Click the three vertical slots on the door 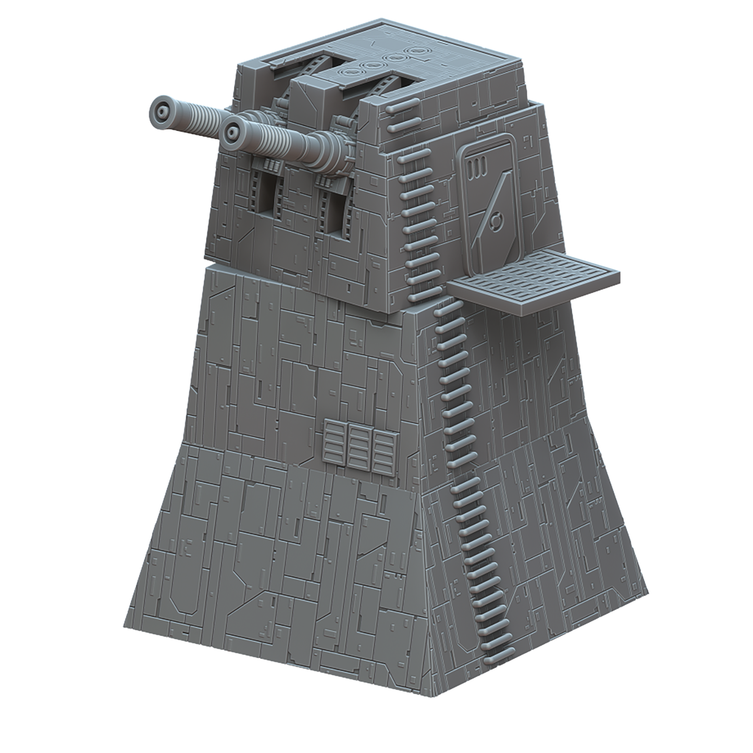(x=475, y=168)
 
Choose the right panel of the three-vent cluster (x=383, y=450)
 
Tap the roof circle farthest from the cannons (x=415, y=51)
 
